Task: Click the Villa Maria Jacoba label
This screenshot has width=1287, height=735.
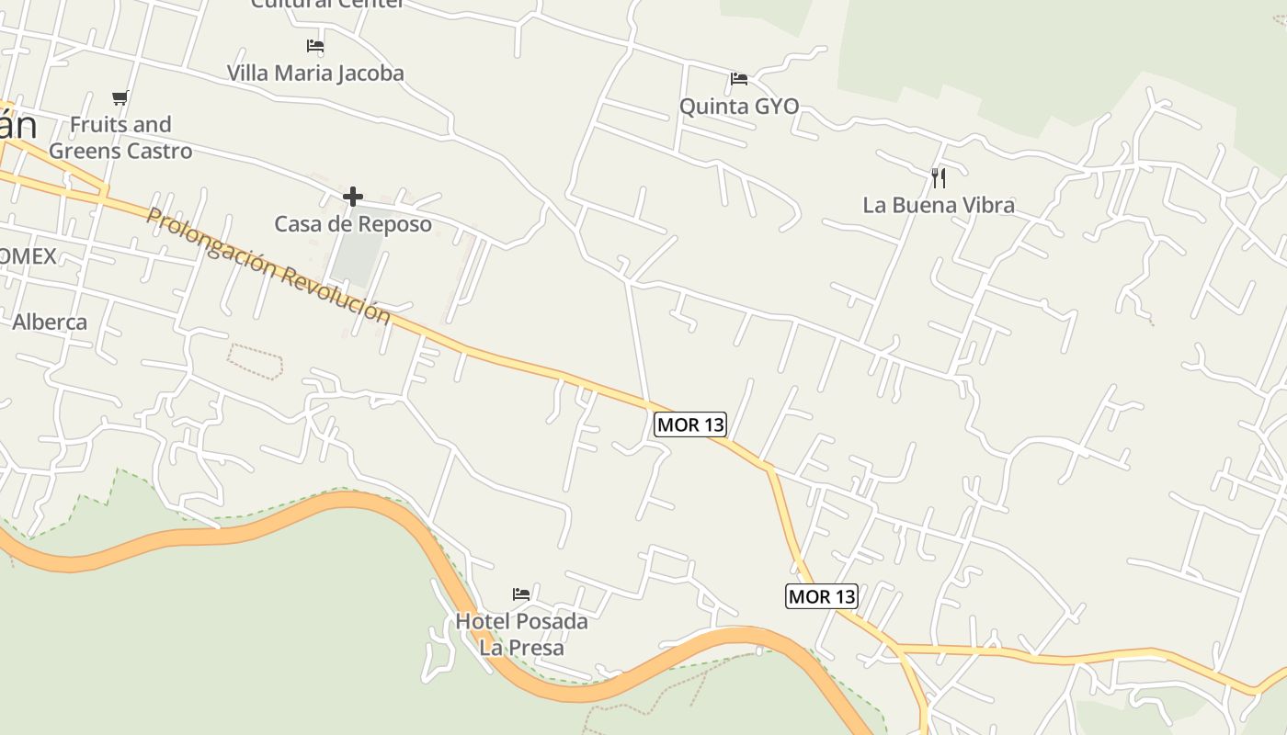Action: (x=315, y=73)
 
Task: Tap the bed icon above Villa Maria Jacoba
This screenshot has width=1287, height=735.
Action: (x=315, y=45)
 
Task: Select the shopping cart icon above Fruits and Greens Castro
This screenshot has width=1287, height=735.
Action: (x=120, y=97)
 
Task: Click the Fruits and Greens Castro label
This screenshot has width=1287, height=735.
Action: (x=120, y=138)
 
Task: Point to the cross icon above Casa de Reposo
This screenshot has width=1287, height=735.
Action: (x=352, y=197)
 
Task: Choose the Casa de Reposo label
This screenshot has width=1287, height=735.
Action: (x=353, y=223)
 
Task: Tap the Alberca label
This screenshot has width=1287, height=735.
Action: (x=50, y=322)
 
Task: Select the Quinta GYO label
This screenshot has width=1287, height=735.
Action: (x=739, y=107)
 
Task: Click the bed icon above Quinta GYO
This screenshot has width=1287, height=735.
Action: (x=738, y=79)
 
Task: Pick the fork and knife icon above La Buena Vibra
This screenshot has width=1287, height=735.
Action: (x=938, y=177)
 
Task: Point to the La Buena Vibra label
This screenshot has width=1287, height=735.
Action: (x=939, y=205)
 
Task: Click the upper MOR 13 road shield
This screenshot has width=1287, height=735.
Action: (x=690, y=424)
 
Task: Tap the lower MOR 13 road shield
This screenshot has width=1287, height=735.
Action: (x=822, y=596)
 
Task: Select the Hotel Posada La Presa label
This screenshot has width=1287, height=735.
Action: (x=522, y=634)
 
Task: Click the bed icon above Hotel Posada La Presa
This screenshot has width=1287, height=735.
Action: (x=521, y=594)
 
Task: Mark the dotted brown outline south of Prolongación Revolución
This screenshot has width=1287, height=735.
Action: (x=255, y=359)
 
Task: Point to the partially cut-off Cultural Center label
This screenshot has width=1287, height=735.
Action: (x=327, y=4)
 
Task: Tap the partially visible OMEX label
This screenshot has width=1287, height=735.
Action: (x=28, y=255)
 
